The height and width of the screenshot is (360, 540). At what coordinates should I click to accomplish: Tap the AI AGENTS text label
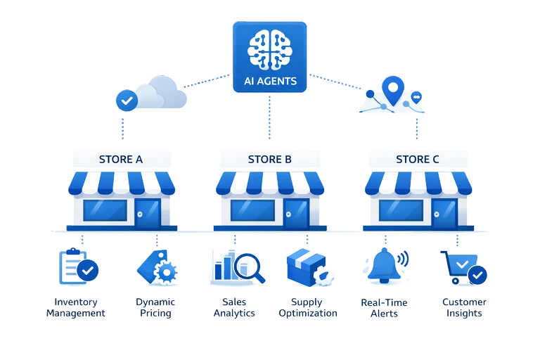270,81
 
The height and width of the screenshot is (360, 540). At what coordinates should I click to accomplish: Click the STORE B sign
269,159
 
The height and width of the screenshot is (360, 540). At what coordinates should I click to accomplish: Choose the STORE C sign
418,159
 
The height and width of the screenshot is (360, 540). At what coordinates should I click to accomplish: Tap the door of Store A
148,212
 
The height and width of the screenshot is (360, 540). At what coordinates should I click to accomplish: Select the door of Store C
444,212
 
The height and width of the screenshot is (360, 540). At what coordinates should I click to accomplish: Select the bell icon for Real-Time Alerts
385,266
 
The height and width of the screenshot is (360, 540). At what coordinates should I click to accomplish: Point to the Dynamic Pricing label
155,307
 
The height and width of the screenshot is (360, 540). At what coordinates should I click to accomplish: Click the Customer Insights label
464,307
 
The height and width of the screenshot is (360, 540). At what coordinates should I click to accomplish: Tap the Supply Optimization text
307,307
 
